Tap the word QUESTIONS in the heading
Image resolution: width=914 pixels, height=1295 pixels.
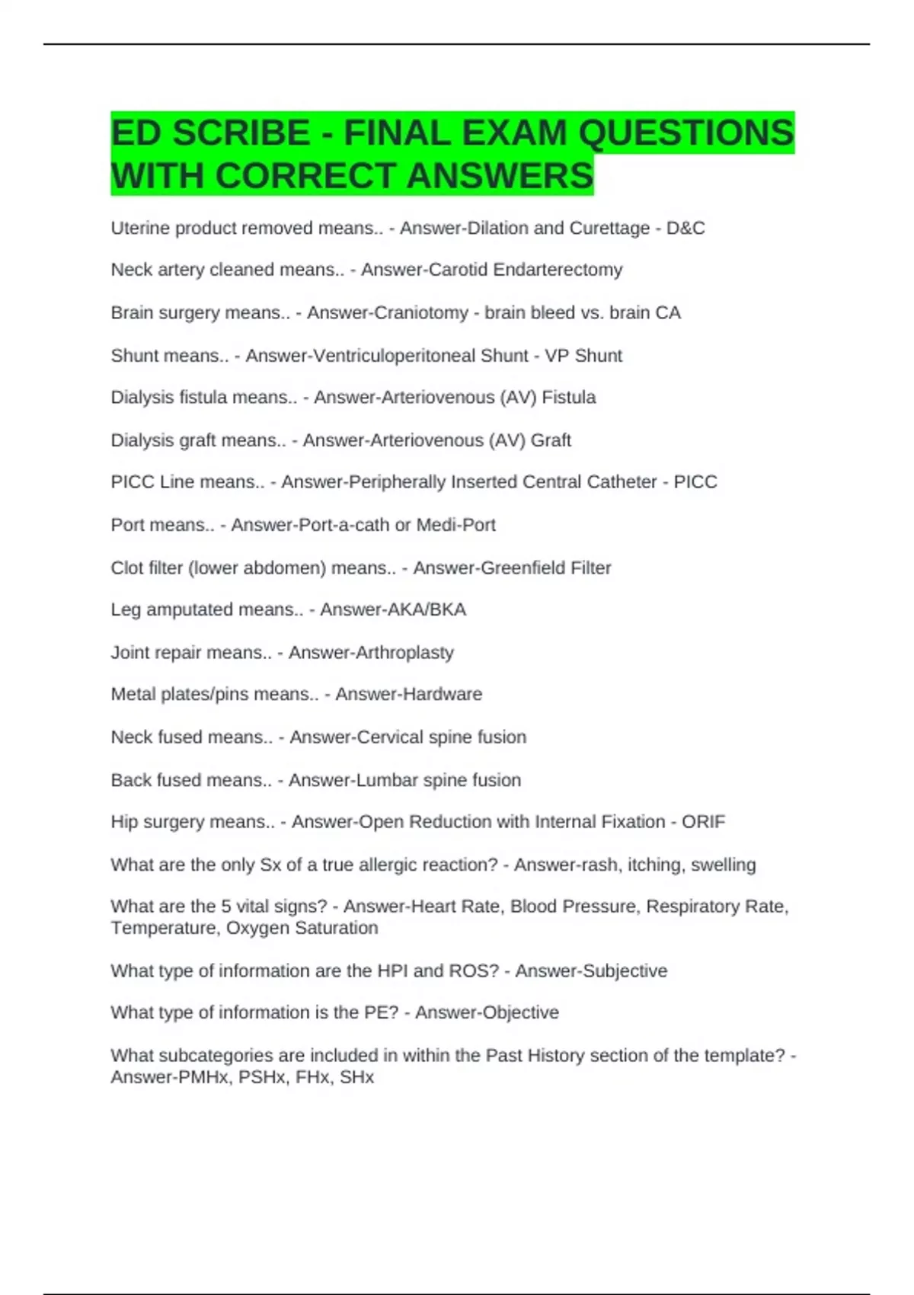coord(685,134)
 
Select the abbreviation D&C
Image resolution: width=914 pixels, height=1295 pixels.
coord(685,229)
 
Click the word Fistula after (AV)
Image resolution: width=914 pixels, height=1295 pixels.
coord(568,398)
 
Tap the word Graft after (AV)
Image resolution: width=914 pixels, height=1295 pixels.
coord(551,440)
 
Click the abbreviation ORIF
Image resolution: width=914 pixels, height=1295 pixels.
coord(703,822)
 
